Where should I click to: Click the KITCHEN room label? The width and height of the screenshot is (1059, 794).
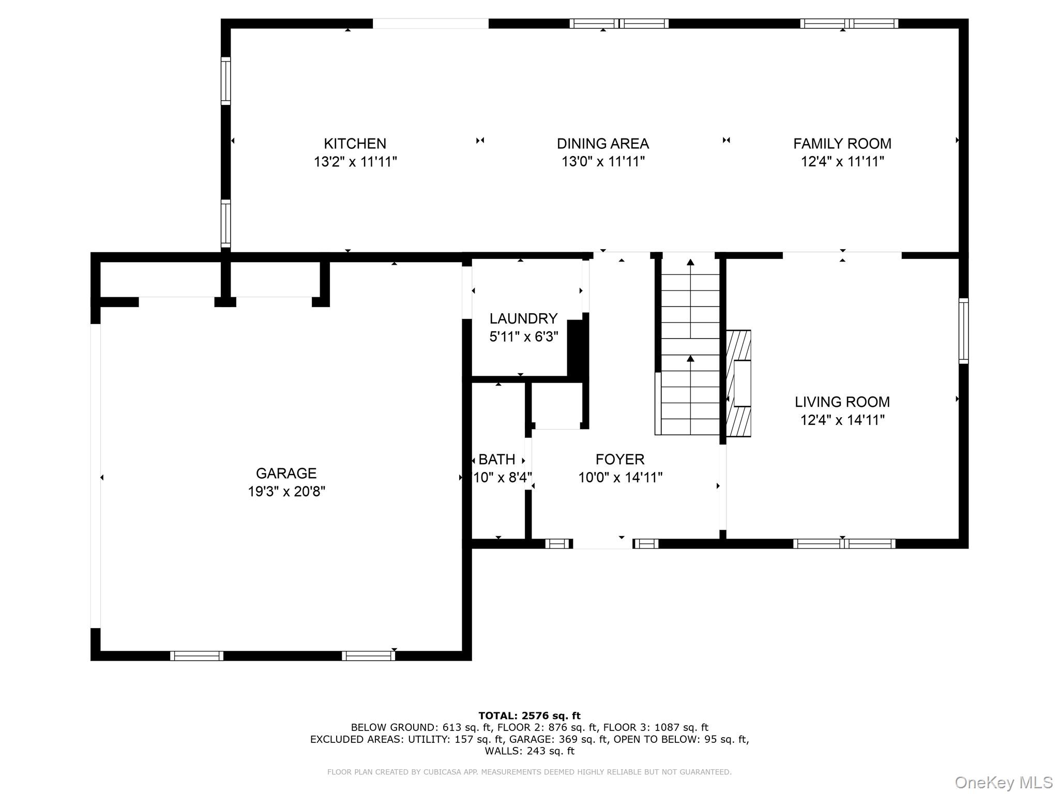[x=355, y=143]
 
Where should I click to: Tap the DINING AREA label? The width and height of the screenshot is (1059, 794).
[x=603, y=143]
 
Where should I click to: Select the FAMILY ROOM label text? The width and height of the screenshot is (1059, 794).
[x=842, y=143]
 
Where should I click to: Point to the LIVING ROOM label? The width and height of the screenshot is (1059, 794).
[x=842, y=402]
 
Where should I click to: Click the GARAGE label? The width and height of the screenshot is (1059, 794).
[x=286, y=473]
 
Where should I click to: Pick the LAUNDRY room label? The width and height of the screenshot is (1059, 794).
[x=524, y=318]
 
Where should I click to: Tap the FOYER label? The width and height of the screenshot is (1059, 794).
[x=620, y=459]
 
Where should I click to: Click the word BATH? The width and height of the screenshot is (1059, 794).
[x=497, y=459]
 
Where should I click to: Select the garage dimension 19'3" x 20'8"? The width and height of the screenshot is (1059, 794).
[x=286, y=491]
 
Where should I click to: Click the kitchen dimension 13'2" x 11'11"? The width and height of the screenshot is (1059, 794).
[x=355, y=162]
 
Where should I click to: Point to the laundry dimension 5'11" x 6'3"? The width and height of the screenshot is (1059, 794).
[x=524, y=337]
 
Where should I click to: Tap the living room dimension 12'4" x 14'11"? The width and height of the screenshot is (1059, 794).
[x=842, y=420]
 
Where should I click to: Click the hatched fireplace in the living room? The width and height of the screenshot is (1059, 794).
[x=738, y=384]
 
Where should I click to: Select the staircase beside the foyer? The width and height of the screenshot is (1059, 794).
[x=690, y=346]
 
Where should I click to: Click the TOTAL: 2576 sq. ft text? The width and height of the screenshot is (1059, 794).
[x=529, y=716]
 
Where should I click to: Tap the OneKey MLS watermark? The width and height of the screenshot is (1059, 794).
[x=1004, y=783]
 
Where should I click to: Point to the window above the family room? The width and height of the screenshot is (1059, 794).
[x=849, y=23]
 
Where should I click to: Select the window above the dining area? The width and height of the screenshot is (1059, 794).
[x=619, y=23]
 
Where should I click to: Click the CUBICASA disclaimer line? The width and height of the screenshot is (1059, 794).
[x=529, y=772]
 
